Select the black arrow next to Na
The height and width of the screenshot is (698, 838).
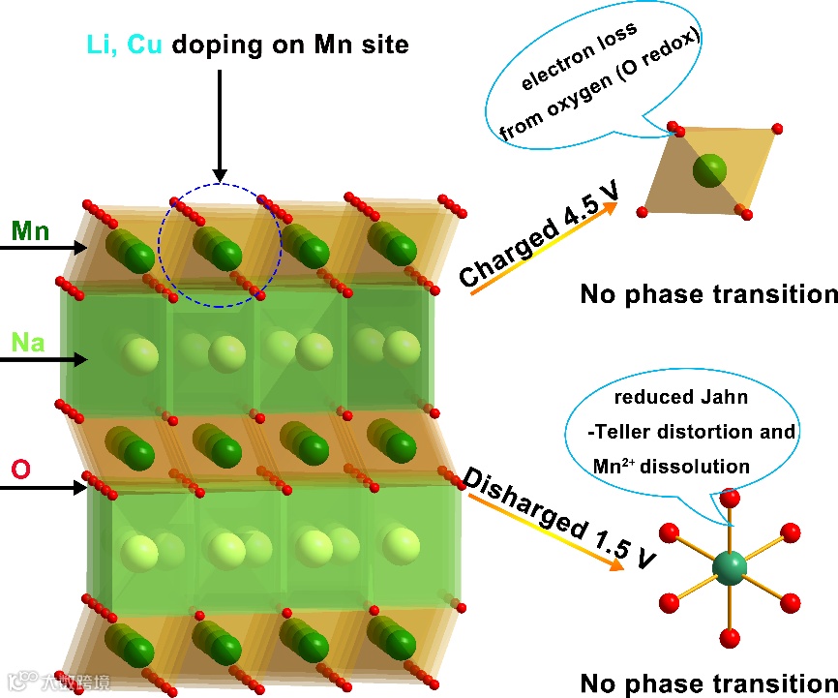click(44, 359)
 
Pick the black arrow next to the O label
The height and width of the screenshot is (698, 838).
click(44, 488)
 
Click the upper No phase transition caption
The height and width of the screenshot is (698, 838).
click(708, 294)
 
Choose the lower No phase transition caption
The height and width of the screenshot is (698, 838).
click(708, 682)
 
